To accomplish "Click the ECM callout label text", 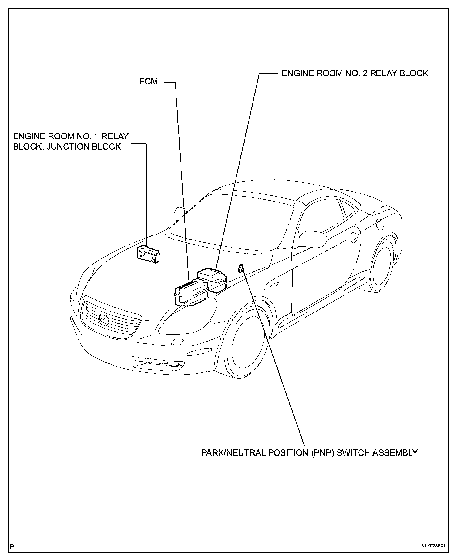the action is coord(148,82).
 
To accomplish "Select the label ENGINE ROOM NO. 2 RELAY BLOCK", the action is coord(355,73).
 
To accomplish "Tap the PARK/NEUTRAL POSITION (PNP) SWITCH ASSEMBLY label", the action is coord(309,453).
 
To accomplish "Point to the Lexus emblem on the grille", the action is coord(104,319).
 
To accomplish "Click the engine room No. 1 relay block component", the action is coord(149,254).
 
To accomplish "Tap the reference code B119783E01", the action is coord(433,546).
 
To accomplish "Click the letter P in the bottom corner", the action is coord(12,546).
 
